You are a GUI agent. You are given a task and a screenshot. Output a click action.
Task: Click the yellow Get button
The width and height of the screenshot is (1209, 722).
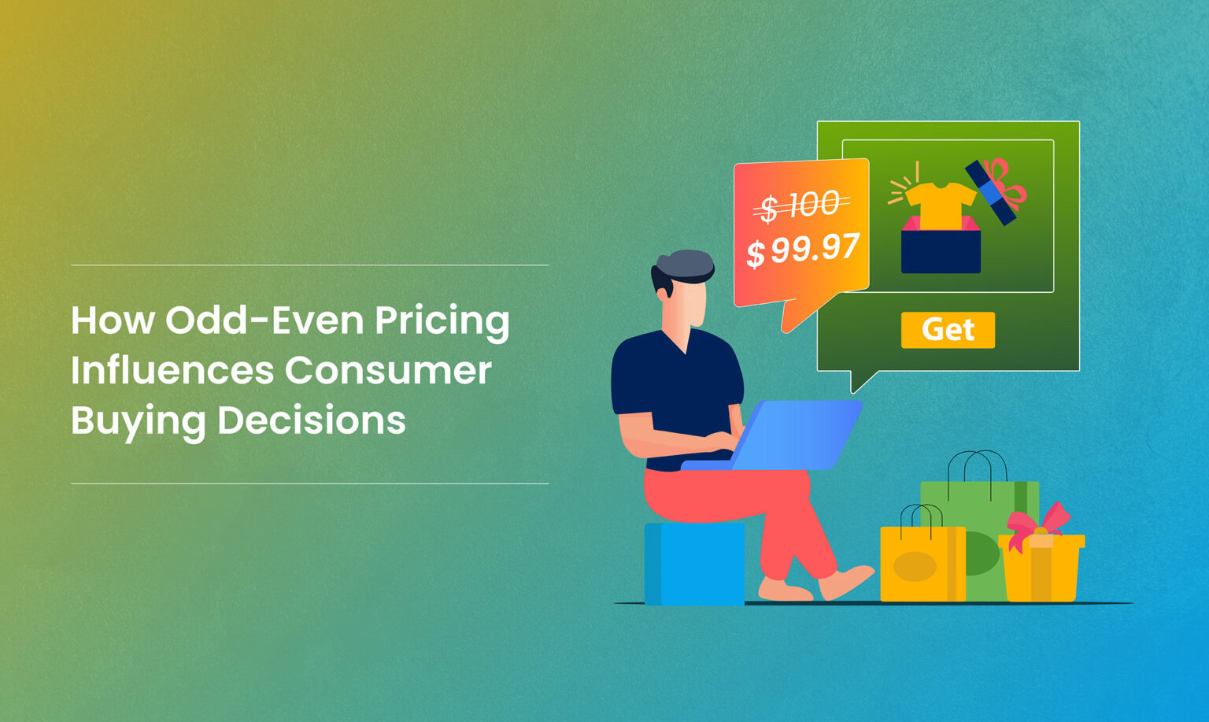coord(948,330)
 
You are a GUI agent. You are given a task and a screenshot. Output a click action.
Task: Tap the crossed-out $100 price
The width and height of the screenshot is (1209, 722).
coord(801,206)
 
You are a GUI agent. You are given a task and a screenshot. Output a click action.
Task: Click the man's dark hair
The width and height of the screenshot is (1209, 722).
coord(682,265)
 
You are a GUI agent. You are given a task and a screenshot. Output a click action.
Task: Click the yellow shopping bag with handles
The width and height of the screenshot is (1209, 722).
coord(922,563)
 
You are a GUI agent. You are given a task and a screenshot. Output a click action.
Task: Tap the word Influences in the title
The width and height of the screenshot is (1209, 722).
coord(171,370)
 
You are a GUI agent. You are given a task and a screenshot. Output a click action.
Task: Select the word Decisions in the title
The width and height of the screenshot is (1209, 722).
coord(311,420)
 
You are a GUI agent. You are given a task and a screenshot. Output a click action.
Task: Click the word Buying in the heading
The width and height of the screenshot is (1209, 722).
coord(138,421)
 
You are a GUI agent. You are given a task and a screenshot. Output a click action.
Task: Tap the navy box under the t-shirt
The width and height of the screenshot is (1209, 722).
coord(941,252)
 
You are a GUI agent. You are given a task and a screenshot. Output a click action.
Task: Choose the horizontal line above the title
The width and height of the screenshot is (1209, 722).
coord(309,265)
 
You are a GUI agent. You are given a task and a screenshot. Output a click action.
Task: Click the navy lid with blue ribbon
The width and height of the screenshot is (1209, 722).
coord(991,192)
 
